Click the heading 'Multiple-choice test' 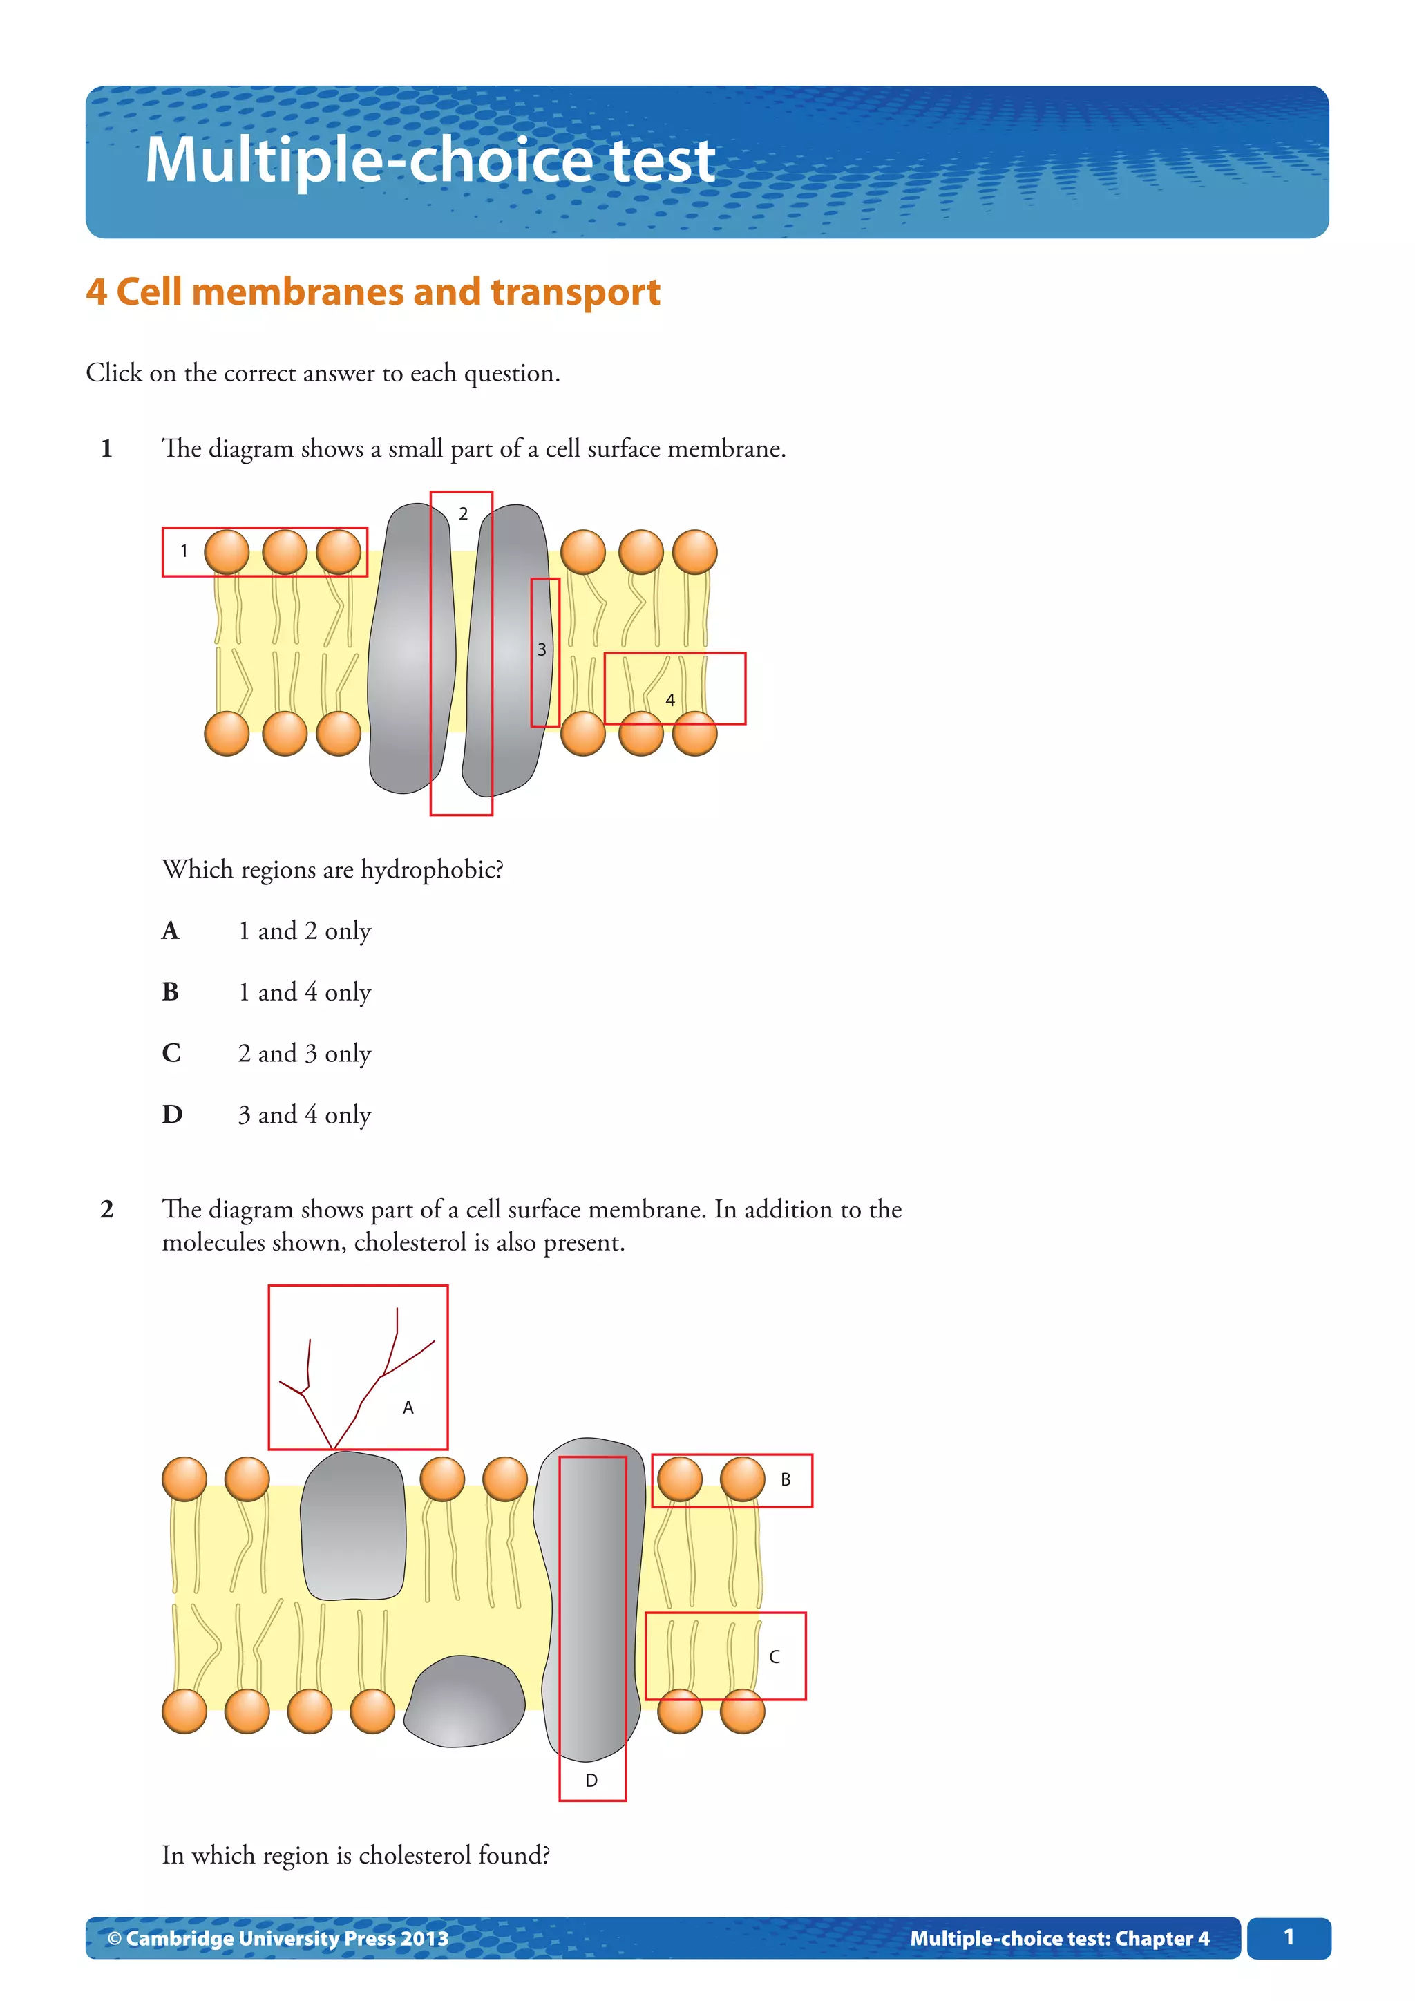click(x=430, y=160)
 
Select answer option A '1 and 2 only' click(x=304, y=931)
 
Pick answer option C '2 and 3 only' click(x=304, y=1054)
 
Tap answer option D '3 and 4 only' click(x=304, y=1115)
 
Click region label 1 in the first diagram click(x=184, y=551)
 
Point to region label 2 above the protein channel click(x=463, y=514)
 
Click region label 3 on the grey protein click(x=541, y=649)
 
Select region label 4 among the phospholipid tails click(x=670, y=700)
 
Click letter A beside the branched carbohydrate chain click(x=408, y=1407)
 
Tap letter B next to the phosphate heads click(x=785, y=1480)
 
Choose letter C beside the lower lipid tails click(x=774, y=1657)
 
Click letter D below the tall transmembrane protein click(x=591, y=1781)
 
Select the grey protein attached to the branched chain click(x=353, y=1525)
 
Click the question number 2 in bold click(x=106, y=1210)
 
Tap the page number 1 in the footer click(x=1288, y=1937)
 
